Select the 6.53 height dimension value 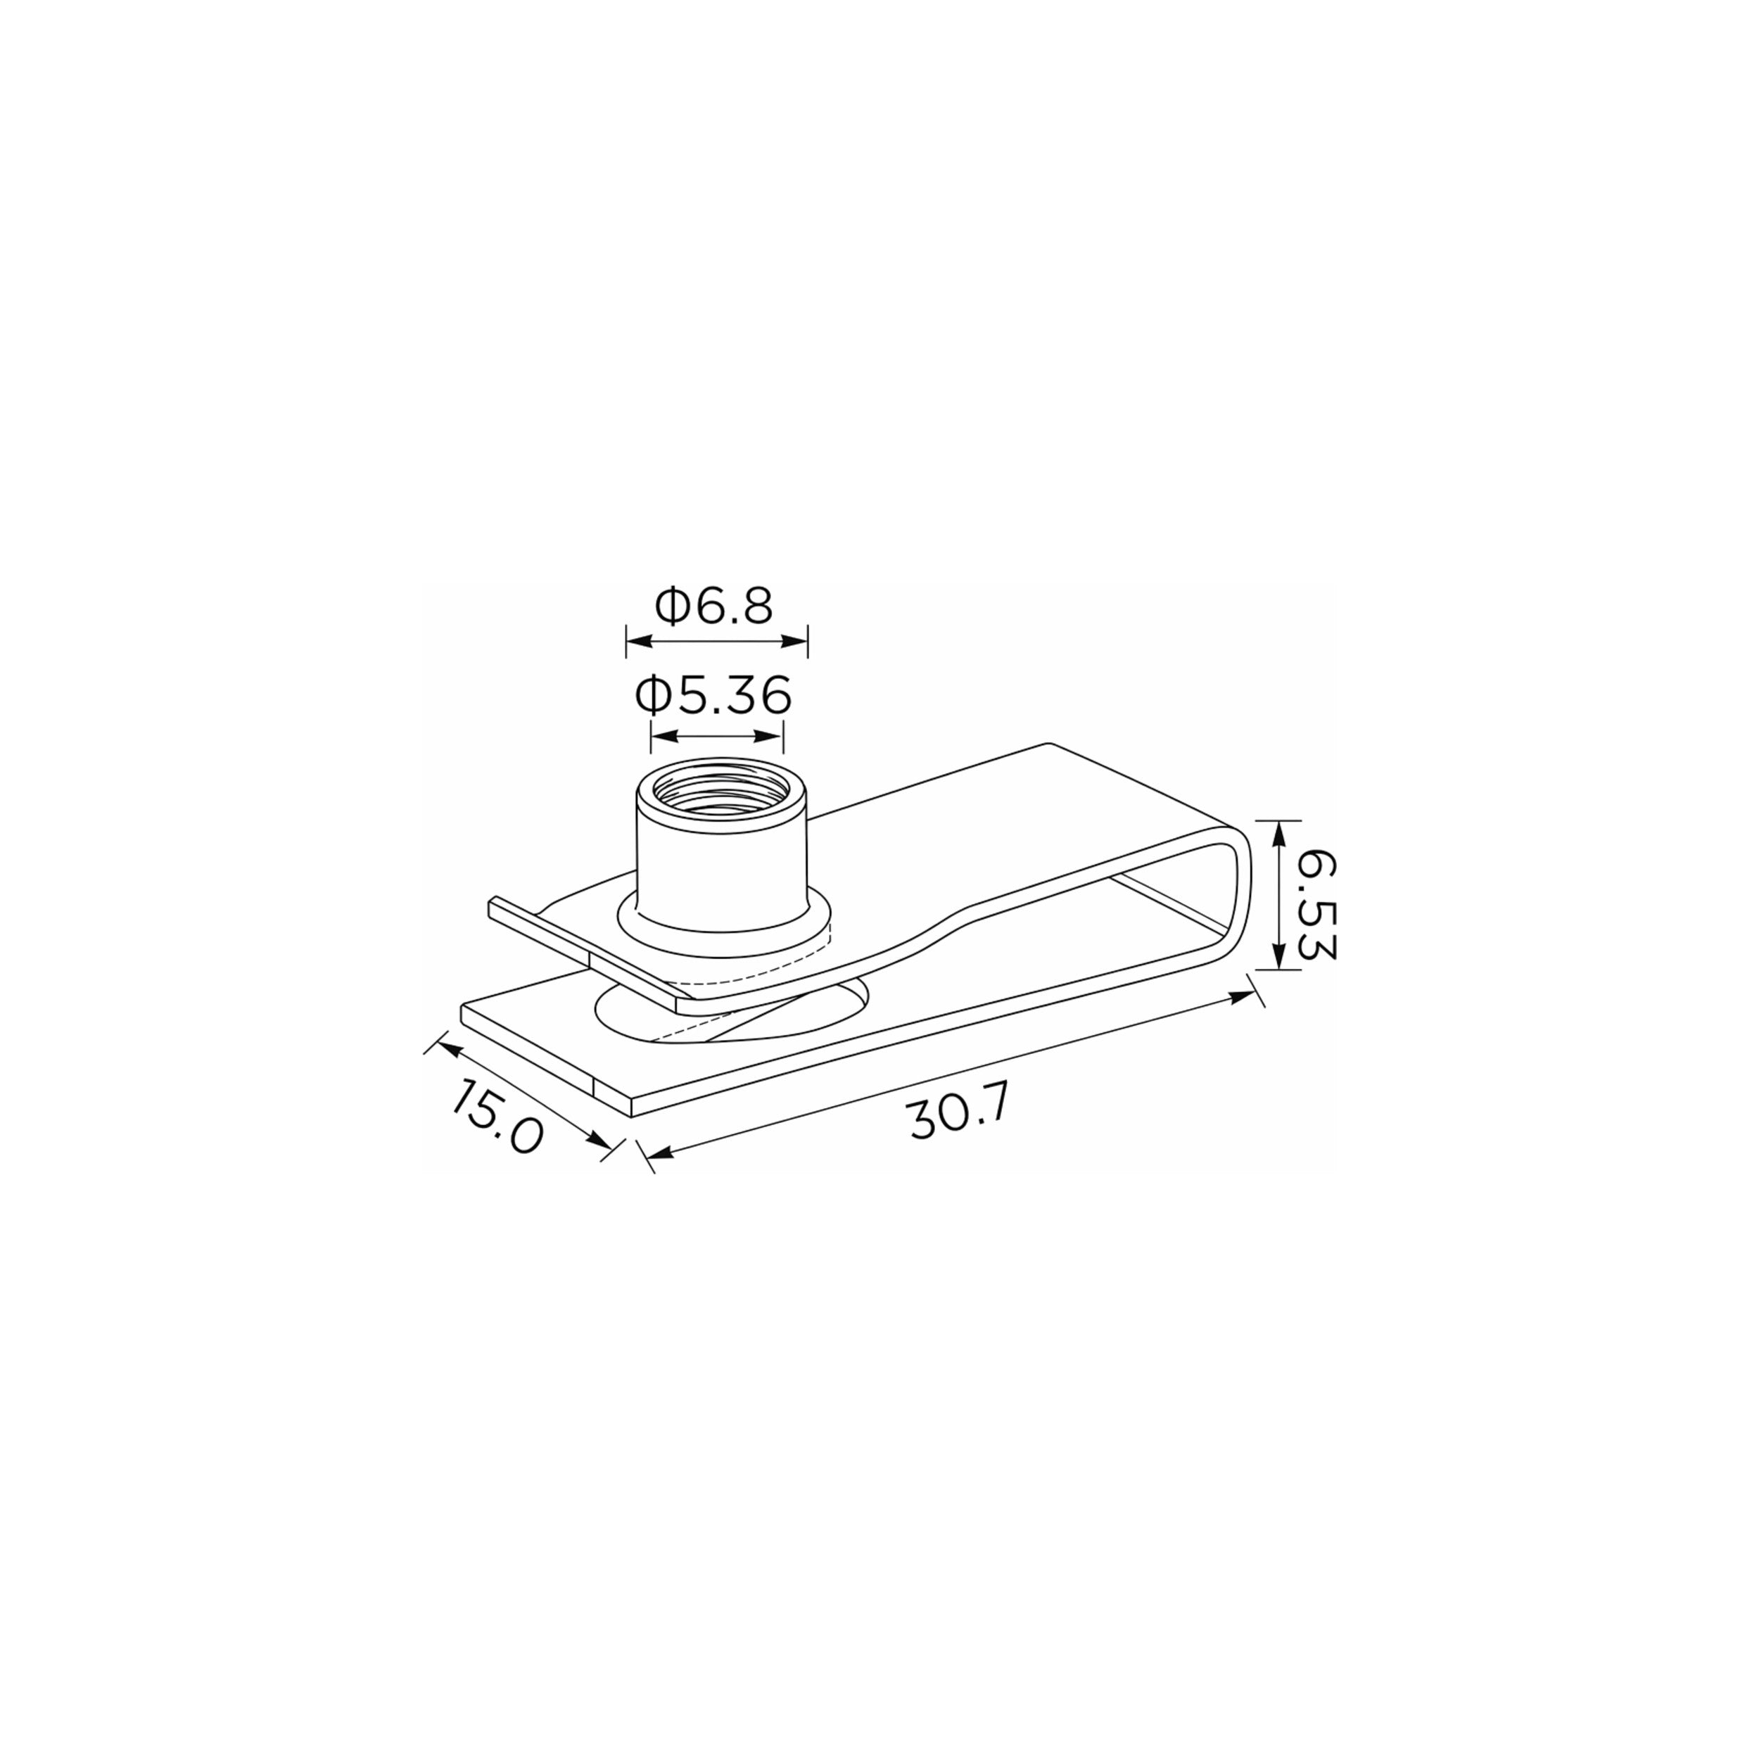pos(1315,907)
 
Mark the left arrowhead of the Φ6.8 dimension pos(639,642)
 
